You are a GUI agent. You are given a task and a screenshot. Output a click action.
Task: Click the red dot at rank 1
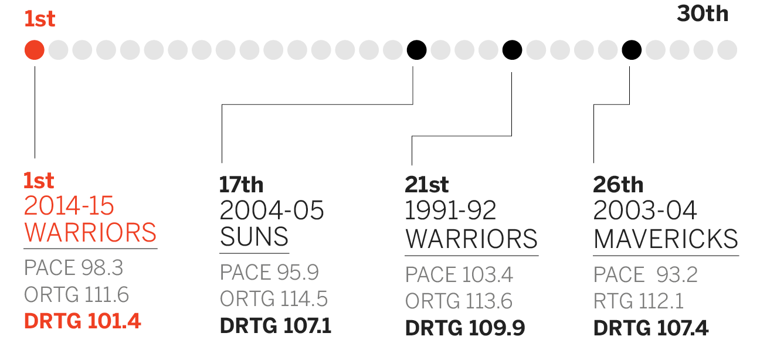coord(34,50)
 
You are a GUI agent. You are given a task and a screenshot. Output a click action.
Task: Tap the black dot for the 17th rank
coord(416,50)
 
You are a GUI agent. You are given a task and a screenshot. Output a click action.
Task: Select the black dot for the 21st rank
coord(513,50)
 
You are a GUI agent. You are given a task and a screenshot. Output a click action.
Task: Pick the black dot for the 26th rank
coord(632,50)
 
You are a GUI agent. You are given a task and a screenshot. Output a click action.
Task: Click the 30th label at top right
coord(703,13)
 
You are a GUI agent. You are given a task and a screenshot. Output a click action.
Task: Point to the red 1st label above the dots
coord(40,19)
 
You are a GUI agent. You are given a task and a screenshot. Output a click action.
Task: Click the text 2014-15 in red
coord(69,206)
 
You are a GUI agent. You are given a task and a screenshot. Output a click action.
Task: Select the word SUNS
coord(254,236)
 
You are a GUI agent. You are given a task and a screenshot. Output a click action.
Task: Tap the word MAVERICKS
coord(666,239)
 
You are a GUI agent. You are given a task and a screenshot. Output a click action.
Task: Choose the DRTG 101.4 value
coord(83,321)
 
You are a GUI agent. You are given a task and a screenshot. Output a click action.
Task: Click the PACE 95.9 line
coord(269,272)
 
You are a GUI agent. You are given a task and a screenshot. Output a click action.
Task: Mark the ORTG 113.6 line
coord(459,301)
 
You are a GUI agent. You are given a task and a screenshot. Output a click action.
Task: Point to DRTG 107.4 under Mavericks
coord(651,328)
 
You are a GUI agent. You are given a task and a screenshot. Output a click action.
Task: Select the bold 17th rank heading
coord(241,185)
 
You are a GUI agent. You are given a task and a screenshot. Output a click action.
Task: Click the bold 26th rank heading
coord(618,185)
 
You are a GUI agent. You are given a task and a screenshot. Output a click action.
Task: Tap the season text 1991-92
coord(450,210)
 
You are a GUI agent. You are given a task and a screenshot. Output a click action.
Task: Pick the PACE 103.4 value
coord(459,274)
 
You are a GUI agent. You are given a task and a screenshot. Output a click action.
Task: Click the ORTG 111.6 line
coord(76,294)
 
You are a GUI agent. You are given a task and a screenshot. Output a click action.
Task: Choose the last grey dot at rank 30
coord(727,50)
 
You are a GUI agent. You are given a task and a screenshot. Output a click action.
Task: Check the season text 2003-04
coord(645,210)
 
